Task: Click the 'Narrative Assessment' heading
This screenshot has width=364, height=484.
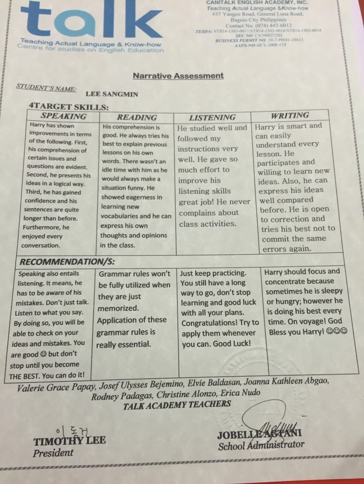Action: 178,76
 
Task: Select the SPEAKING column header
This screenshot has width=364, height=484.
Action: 63,116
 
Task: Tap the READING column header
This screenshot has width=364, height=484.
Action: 137,117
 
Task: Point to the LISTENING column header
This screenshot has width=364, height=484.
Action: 212,117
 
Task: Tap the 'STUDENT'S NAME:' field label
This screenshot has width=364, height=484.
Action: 46,88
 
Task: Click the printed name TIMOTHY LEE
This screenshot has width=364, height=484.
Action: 69,440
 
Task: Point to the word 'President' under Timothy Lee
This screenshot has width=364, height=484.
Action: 53,453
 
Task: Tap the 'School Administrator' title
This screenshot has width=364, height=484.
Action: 261,445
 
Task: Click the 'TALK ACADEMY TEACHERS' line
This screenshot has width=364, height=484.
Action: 177,404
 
